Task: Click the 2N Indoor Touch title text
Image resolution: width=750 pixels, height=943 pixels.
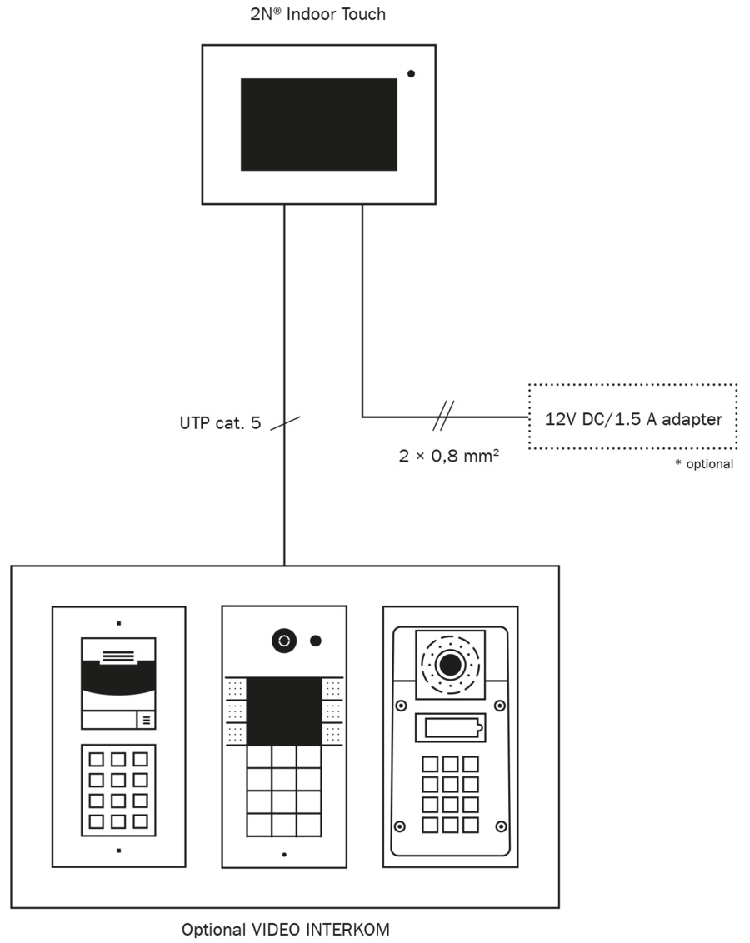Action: [317, 14]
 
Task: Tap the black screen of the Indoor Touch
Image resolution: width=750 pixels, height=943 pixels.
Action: [319, 124]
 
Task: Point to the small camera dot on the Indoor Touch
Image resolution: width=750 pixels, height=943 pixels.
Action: [412, 74]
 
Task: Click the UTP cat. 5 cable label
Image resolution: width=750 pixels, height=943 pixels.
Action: [220, 423]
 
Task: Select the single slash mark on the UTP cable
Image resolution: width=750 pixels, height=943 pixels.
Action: [285, 423]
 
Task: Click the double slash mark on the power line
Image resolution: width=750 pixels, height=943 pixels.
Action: [443, 416]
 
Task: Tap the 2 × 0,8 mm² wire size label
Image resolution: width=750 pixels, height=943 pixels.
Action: [448, 456]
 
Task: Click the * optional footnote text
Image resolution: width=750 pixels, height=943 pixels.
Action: [704, 464]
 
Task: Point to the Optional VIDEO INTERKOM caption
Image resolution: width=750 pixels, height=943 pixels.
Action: [285, 929]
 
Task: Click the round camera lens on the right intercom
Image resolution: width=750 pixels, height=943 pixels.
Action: [450, 665]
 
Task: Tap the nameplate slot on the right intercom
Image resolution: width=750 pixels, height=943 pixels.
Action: [451, 728]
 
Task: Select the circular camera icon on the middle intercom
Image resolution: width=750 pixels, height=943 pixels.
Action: [284, 641]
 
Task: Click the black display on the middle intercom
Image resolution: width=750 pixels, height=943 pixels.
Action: [284, 711]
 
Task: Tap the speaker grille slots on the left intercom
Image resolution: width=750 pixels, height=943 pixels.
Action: [117, 656]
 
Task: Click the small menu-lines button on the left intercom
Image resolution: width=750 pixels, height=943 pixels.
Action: [146, 720]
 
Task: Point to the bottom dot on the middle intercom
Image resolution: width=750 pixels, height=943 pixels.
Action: [284, 855]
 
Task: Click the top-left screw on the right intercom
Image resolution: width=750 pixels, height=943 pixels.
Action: [401, 706]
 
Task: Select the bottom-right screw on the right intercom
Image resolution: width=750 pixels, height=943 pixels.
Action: [500, 827]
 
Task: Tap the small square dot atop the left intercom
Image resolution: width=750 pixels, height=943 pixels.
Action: [118, 624]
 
